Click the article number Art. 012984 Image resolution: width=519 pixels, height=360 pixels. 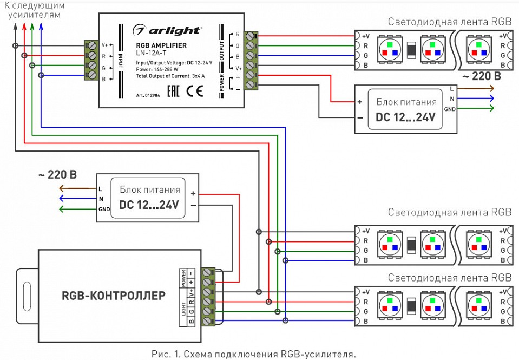pyautogui.click(x=149, y=95)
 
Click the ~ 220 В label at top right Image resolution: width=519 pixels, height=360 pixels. pyautogui.click(x=479, y=76)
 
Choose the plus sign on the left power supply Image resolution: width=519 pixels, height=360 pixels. pyautogui.click(x=193, y=192)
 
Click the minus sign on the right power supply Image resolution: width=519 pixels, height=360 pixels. pyautogui.click(x=359, y=117)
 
